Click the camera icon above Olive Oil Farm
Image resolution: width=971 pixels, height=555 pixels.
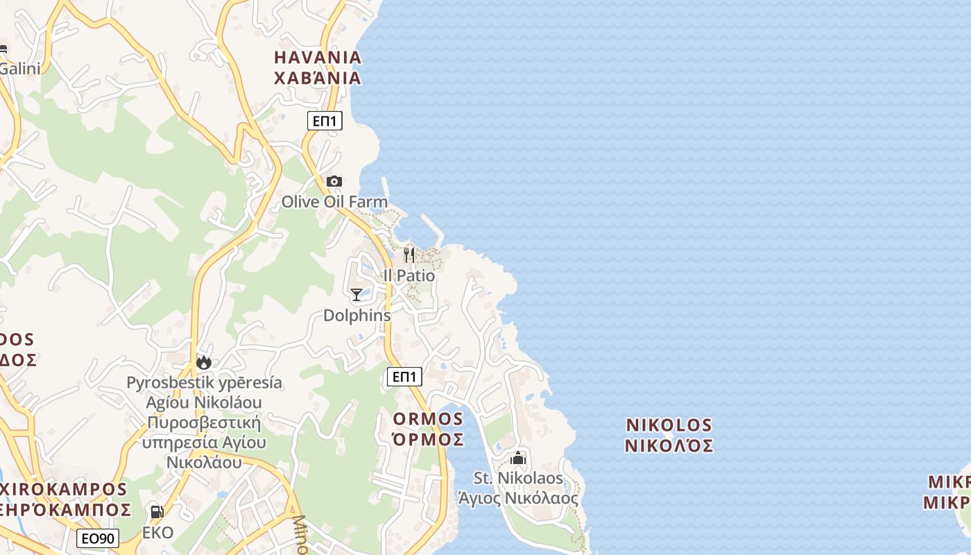334,182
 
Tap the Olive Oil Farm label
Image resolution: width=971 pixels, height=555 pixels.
334,202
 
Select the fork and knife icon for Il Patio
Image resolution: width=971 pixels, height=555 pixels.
409,255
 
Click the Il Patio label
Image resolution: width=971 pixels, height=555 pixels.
409,275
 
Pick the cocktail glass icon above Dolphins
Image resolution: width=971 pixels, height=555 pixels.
356,296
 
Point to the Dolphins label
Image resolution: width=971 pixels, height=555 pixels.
357,316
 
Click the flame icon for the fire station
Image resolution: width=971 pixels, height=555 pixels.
204,362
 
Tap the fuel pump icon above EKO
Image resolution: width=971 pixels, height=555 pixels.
157,513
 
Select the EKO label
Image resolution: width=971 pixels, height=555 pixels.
158,533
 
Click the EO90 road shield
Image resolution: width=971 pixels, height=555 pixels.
98,538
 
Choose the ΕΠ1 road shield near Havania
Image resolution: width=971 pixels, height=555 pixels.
325,121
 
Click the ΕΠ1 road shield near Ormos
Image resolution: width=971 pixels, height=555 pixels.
404,377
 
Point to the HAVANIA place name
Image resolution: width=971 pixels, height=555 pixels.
318,57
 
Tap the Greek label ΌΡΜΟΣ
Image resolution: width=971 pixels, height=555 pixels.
427,439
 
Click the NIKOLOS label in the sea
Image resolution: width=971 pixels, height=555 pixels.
669,425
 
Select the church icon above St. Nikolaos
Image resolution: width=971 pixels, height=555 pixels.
518,459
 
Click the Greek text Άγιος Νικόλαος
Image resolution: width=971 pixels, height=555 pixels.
518,498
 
